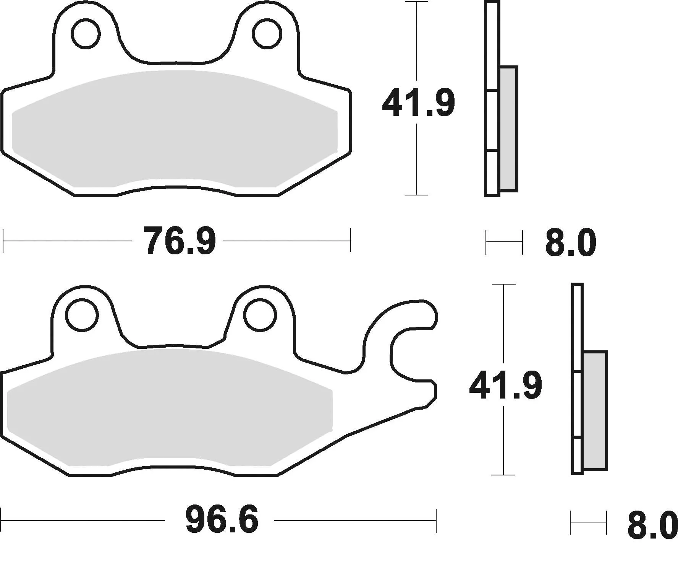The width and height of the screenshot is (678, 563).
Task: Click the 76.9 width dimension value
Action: pyautogui.click(x=179, y=241)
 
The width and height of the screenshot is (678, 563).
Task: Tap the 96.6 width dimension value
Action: pyautogui.click(x=222, y=520)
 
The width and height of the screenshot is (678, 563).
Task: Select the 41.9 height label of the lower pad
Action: pyautogui.click(x=505, y=386)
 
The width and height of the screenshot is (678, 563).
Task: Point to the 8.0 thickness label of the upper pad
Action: pyautogui.click(x=570, y=243)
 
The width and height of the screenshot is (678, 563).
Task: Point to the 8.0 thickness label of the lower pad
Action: pyautogui.click(x=652, y=526)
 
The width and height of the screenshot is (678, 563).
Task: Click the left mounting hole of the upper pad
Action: pyautogui.click(x=86, y=34)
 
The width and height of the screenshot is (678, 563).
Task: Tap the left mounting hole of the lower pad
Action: pyautogui.click(x=82, y=315)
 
